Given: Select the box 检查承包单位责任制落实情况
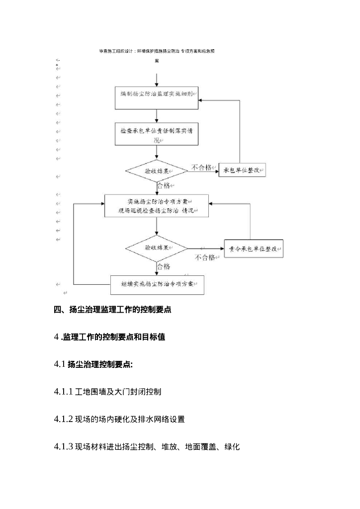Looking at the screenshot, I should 157,135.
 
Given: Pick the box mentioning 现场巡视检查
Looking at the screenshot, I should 157,206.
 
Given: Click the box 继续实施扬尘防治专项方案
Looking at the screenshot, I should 157,285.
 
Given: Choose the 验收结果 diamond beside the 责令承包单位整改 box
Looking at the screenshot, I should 157,248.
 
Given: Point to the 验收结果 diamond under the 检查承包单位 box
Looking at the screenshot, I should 157,171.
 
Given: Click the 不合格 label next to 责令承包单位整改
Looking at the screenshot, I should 205,257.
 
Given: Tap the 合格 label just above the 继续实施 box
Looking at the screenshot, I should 164,267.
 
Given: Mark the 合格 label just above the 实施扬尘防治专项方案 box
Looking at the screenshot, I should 164,185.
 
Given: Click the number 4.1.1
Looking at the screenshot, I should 64,392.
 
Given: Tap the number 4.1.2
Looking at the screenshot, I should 64,419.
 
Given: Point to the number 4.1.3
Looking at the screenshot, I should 64,446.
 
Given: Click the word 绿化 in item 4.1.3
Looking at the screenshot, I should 232,446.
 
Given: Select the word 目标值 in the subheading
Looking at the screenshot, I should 154,337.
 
